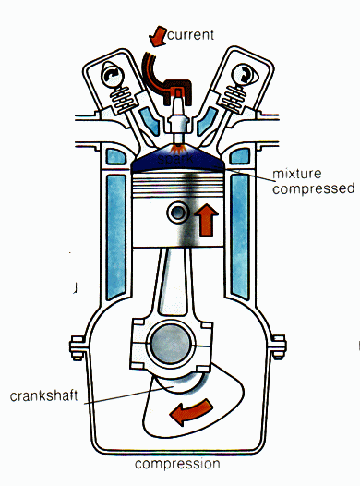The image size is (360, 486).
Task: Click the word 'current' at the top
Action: (191, 35)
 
